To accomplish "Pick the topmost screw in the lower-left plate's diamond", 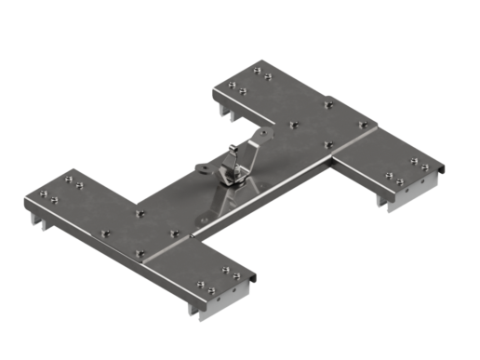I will coord(140,214).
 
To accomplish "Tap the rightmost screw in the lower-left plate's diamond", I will coord(174,233).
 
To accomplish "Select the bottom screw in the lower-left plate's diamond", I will coord(140,253).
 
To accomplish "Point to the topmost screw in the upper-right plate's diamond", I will coord(327,103).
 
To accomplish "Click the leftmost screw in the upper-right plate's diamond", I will coord(294,124).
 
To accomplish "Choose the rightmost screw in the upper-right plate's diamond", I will coord(363,124).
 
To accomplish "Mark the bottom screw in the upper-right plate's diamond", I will coord(327,144).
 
